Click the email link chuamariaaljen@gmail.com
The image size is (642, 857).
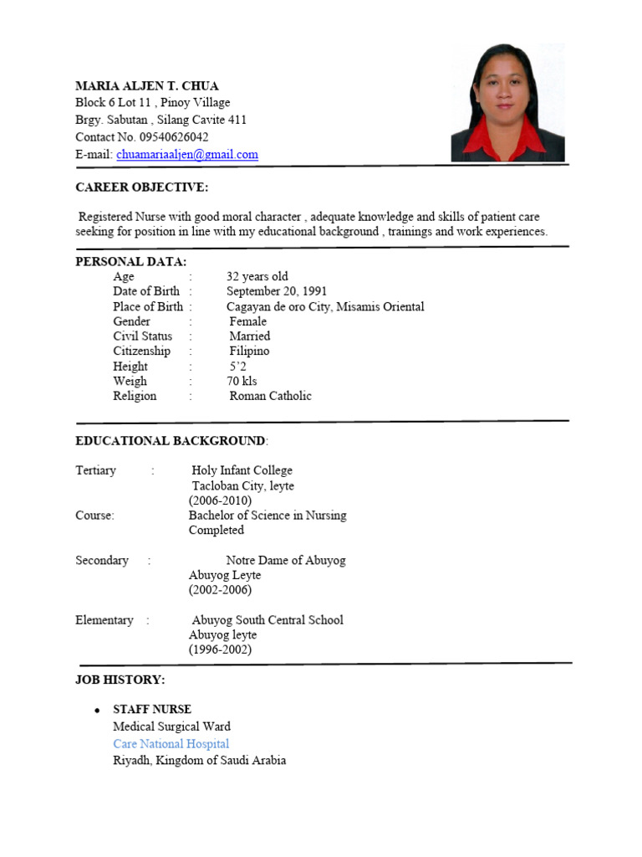point(187,155)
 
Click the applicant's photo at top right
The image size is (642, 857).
point(507,102)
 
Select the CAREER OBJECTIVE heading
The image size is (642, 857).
point(142,187)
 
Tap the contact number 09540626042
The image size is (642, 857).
point(175,137)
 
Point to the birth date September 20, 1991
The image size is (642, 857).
point(277,291)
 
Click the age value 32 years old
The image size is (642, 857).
point(257,276)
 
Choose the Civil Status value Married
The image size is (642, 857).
point(250,336)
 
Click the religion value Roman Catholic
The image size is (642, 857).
point(270,397)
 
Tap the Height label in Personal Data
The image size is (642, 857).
point(130,367)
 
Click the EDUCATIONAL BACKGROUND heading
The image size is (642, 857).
point(171,441)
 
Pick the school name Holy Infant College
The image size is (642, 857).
point(242,470)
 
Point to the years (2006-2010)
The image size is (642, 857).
point(220,500)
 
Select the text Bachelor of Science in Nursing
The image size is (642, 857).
point(267,516)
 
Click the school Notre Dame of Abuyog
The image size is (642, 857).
point(285,561)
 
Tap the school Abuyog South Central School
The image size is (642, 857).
point(267,620)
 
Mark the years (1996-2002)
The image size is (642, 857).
point(220,650)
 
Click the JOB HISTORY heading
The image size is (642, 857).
point(120,680)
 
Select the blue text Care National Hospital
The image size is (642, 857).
point(171,744)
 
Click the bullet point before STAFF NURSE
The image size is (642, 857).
point(97,711)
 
